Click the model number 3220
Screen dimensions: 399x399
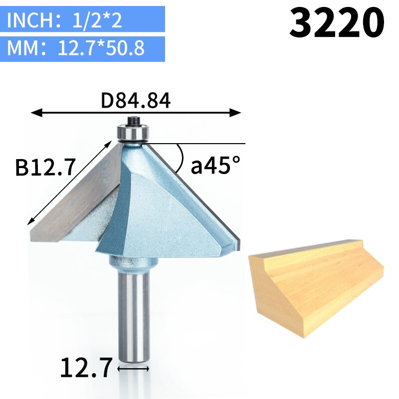point(337,23)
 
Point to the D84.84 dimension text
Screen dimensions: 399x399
point(136,101)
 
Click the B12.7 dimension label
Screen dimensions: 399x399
point(45,167)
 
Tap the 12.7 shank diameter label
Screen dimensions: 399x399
point(86,369)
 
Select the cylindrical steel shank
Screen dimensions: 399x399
point(133,314)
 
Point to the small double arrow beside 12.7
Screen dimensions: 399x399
point(133,369)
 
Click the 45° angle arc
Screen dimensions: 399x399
point(181,157)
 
